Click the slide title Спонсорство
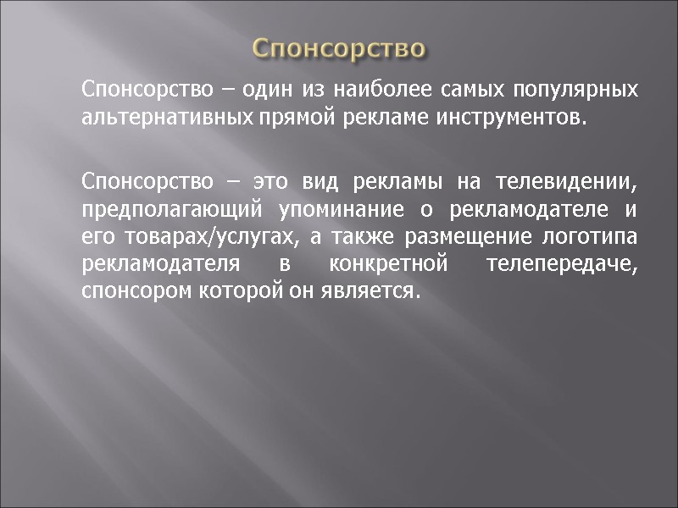[x=339, y=48]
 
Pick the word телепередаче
[x=562, y=263]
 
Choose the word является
[x=381, y=290]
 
